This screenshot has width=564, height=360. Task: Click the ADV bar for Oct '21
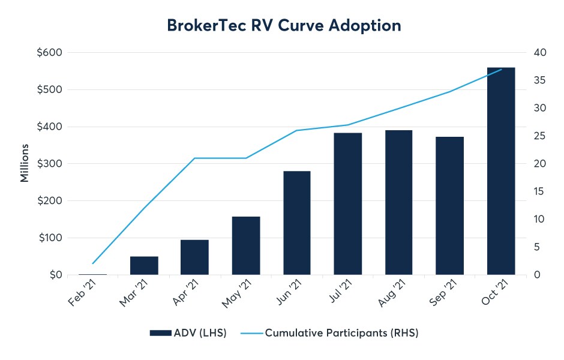coord(501,171)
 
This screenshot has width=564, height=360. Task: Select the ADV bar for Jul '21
coord(348,204)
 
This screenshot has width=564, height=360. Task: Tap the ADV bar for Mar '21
coord(144,266)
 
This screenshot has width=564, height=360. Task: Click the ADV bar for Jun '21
coord(297,223)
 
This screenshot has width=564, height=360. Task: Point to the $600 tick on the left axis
coord(49,53)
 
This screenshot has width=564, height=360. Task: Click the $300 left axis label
coord(49,164)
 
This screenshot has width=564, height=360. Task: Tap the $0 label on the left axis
coord(54,275)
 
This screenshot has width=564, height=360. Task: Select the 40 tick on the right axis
coord(539,53)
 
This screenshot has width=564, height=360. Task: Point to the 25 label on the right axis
coord(539,136)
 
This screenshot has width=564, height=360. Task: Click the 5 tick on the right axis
coord(537,247)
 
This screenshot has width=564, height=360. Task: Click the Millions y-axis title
coord(25,163)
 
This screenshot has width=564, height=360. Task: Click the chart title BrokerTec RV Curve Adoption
coord(281,26)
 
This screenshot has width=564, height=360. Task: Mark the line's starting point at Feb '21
coord(93,263)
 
